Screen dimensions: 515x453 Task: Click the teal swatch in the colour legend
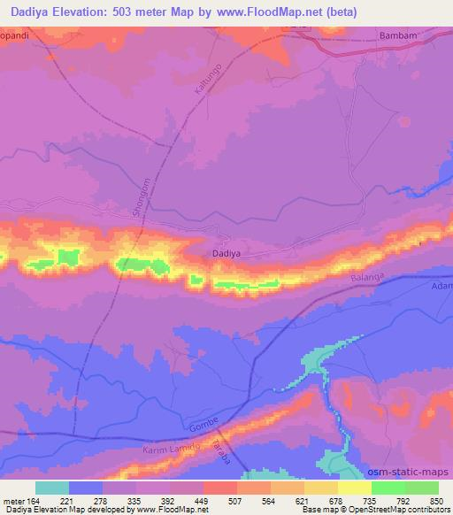pos(52,488)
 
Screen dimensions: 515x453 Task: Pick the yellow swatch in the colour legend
pos(355,488)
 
